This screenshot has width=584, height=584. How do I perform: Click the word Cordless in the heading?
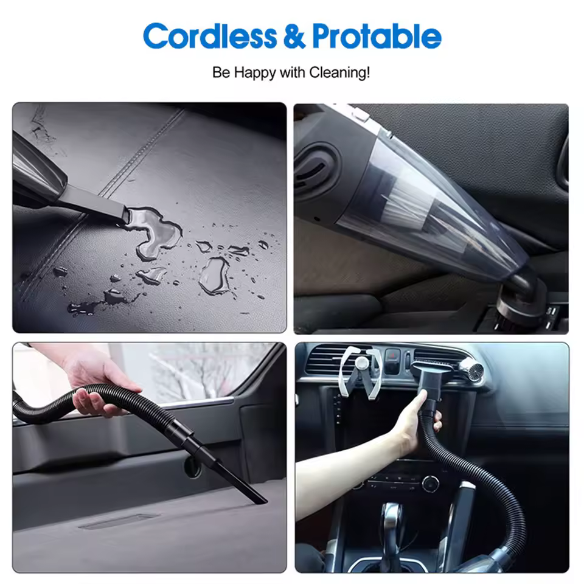click(x=210, y=36)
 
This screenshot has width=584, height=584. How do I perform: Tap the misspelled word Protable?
click(x=377, y=36)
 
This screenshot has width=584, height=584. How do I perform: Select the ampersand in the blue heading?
click(x=294, y=36)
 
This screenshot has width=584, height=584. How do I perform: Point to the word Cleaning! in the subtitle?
click(x=339, y=72)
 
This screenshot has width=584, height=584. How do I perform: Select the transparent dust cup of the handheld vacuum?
click(x=428, y=209)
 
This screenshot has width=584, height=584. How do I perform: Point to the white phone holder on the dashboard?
click(x=361, y=372)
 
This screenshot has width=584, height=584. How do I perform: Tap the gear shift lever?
click(x=391, y=533)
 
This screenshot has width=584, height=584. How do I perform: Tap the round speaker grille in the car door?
click(x=193, y=467)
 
